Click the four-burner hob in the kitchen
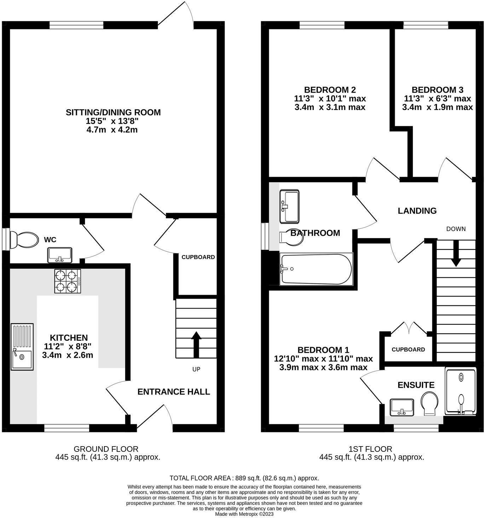coord(68,281)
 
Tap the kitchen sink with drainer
coord(22,346)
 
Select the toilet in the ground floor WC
coord(24,240)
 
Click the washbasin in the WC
coord(60,255)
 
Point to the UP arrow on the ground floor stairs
coord(196,344)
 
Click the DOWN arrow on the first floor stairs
coord(456,253)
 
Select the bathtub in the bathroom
coord(316,269)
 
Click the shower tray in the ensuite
coord(461,391)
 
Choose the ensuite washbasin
coord(402,407)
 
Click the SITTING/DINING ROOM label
coord(113,113)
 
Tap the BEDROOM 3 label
coord(437,90)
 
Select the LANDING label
coord(417,211)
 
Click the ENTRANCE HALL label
coord(174,392)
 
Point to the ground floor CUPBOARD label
coord(198,257)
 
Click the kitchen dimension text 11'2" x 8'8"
coord(68,346)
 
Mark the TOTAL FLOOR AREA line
coord(244,478)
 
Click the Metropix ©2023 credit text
coord(244,514)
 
